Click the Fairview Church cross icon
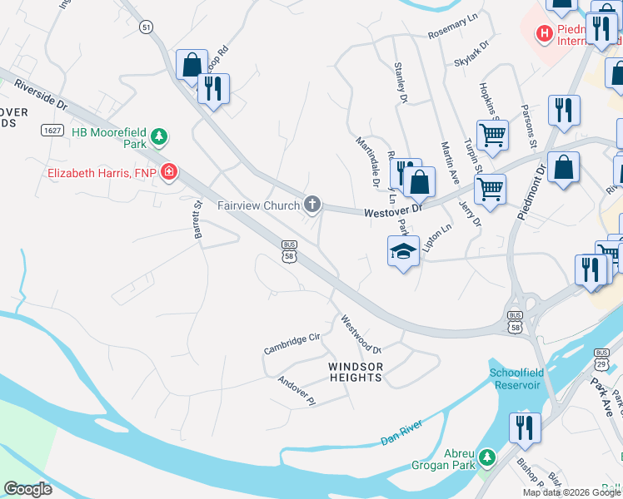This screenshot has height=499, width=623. (312, 204)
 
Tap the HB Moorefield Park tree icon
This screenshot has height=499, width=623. (164, 135)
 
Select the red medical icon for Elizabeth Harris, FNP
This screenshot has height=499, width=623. (170, 172)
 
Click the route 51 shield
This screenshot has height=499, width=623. (147, 27)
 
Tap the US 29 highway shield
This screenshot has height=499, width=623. (601, 363)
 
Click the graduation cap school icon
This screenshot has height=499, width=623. (402, 251)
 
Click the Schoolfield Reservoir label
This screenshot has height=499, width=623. (515, 378)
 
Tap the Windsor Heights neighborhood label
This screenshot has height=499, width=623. (356, 372)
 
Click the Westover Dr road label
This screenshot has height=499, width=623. (394, 213)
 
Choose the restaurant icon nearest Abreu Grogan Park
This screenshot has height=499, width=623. (525, 427)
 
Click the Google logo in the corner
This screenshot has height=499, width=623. (27, 488)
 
